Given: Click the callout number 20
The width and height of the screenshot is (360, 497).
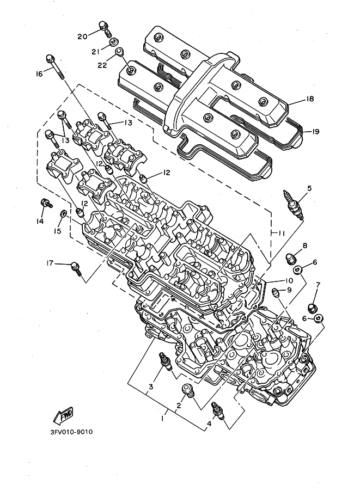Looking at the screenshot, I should tap(82, 36).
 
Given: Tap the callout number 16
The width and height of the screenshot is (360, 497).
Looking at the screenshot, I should tap(39, 74).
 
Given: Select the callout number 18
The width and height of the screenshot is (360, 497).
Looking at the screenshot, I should tap(310, 99).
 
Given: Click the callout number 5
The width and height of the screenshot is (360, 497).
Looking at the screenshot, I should tap(309, 188).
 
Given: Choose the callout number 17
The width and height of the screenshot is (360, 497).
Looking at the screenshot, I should tap(50, 263).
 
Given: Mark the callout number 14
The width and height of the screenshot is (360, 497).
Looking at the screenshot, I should tap(39, 221).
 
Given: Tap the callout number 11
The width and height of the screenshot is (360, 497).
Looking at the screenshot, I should tap(279, 233).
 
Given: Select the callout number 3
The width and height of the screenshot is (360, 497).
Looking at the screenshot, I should tap(151, 387).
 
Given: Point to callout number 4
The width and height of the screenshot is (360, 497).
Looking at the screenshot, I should tap(209, 424).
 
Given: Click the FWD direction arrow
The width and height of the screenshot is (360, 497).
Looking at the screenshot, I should tap(64, 415).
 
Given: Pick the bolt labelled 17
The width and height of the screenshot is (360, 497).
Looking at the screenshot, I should tap(76, 267).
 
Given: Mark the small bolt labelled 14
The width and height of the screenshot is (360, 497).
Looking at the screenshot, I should tap(46, 204).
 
